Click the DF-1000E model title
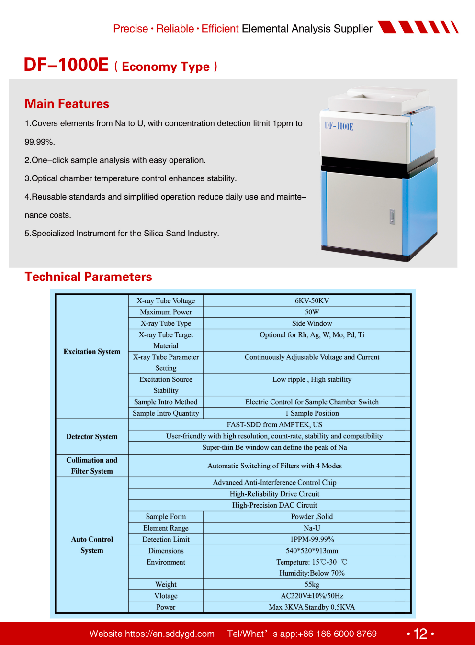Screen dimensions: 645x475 tap(67, 65)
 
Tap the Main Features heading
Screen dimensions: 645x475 tap(67, 104)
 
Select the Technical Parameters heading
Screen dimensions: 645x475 tap(88, 277)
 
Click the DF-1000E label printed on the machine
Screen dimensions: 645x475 tap(339, 126)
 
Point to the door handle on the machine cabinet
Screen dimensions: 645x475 tap(392, 217)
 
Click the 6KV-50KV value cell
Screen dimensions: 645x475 tap(312, 300)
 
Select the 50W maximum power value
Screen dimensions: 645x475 tap(312, 312)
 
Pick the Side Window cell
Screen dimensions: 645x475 tap(312, 323)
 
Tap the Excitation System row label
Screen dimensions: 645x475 tap(92, 351)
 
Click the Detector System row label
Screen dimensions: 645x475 tap(92, 436)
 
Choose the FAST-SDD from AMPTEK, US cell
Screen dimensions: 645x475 tap(274, 424)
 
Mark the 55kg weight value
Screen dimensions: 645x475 tap(312, 584)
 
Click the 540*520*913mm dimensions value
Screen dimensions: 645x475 tap(312, 551)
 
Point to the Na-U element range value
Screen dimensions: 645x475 tap(312, 528)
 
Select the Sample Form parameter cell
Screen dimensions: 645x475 tap(166, 516)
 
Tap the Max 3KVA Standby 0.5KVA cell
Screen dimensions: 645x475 tap(312, 607)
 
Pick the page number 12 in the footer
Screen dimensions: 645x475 tap(420, 634)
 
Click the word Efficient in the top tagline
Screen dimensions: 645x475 tap(220, 29)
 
